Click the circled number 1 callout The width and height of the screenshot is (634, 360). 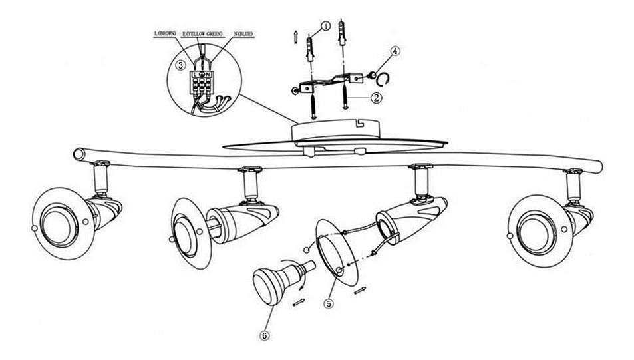[325, 25]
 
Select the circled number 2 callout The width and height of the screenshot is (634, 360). [376, 98]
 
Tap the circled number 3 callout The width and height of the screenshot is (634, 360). [180, 65]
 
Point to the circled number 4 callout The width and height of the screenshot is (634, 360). [395, 51]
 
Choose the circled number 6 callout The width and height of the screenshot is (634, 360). [264, 335]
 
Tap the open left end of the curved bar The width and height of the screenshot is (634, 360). [79, 154]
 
